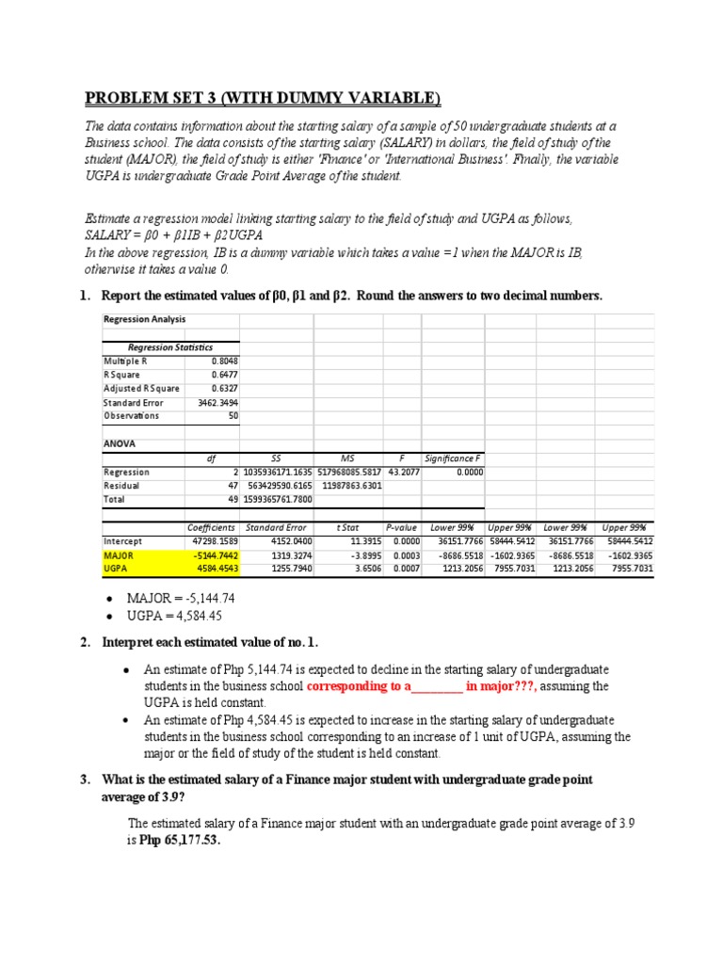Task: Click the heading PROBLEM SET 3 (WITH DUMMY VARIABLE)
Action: (x=262, y=98)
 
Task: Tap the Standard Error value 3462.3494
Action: (x=217, y=402)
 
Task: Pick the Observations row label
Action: (x=131, y=415)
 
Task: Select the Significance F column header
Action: (x=453, y=458)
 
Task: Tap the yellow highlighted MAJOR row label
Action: (x=120, y=555)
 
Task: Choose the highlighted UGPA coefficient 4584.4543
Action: (x=213, y=569)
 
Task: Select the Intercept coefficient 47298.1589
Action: (x=212, y=542)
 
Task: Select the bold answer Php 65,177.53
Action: (x=180, y=841)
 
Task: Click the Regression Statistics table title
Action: (x=170, y=346)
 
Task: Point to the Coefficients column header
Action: (x=212, y=528)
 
